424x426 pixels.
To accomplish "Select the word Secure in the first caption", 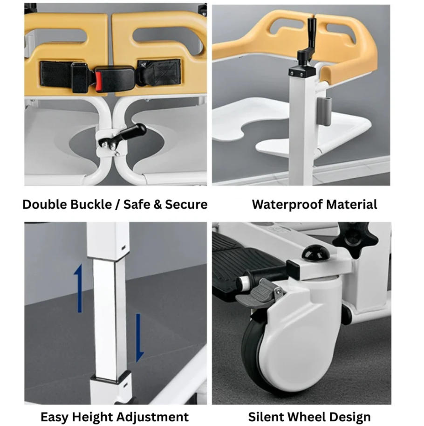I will [185, 204].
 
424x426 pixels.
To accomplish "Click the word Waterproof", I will [287, 204].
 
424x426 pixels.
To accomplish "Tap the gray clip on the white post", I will [323, 112].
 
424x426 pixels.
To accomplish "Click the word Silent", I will [267, 417].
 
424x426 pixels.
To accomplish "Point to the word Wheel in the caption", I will [308, 417].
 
